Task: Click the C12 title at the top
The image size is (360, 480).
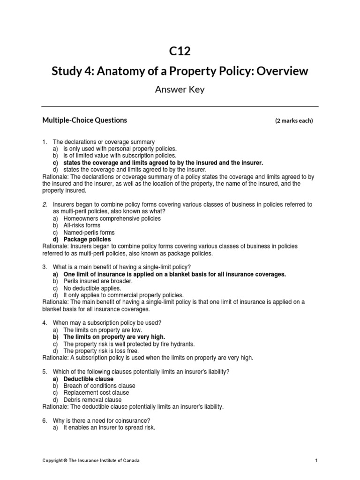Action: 180,51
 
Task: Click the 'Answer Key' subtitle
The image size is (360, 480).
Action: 180,90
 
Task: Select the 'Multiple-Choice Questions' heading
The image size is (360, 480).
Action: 84,120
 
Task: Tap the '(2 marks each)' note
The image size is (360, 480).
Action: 293,121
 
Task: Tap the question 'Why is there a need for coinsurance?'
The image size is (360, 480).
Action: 105,420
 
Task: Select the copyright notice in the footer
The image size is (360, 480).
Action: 90,461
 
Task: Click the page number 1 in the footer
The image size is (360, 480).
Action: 316,461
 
